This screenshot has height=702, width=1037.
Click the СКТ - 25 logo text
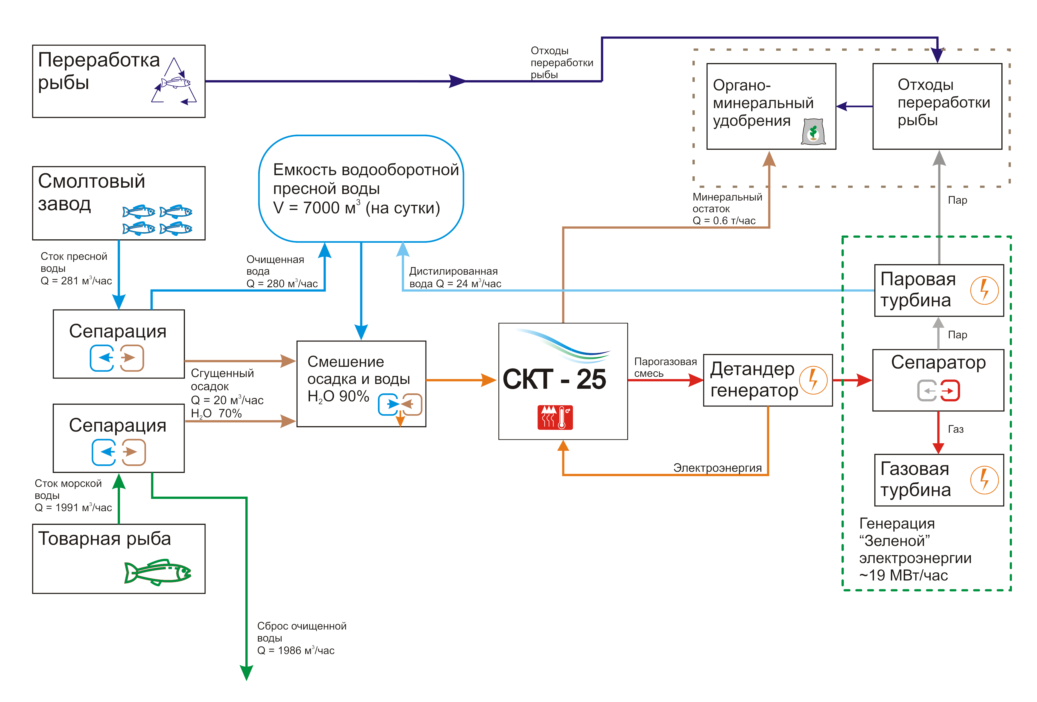554,380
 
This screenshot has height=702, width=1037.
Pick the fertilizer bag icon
812,132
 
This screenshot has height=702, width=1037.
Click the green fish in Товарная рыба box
158,572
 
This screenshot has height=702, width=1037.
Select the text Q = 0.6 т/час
724,220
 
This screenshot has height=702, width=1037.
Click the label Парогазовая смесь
665,367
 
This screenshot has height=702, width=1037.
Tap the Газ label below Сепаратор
955,429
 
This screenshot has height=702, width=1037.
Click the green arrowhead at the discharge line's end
246,672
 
